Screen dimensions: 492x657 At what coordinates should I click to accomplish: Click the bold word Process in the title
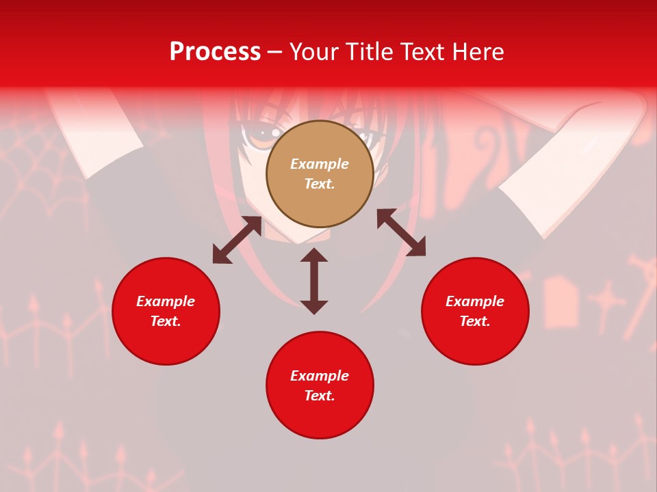tap(215, 52)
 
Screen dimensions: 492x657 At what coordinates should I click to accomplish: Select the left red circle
tap(166, 342)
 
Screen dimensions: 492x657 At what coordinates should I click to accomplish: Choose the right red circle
tap(475, 342)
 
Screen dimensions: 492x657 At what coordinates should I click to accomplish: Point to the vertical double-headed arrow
tap(314, 281)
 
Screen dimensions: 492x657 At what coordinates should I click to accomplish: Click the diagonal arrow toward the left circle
tap(237, 240)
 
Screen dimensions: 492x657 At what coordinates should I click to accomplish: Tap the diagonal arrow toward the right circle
tap(401, 232)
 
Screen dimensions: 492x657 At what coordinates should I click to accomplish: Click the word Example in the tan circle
tap(320, 164)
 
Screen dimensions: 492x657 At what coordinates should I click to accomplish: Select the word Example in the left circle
tap(166, 301)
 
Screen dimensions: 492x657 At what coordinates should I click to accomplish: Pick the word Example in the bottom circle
tap(320, 376)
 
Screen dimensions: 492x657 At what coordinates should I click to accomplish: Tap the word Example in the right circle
tap(475, 301)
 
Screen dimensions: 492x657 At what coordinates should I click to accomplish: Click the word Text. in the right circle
tap(475, 321)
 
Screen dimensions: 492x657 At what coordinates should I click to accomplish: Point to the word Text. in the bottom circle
tap(320, 396)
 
